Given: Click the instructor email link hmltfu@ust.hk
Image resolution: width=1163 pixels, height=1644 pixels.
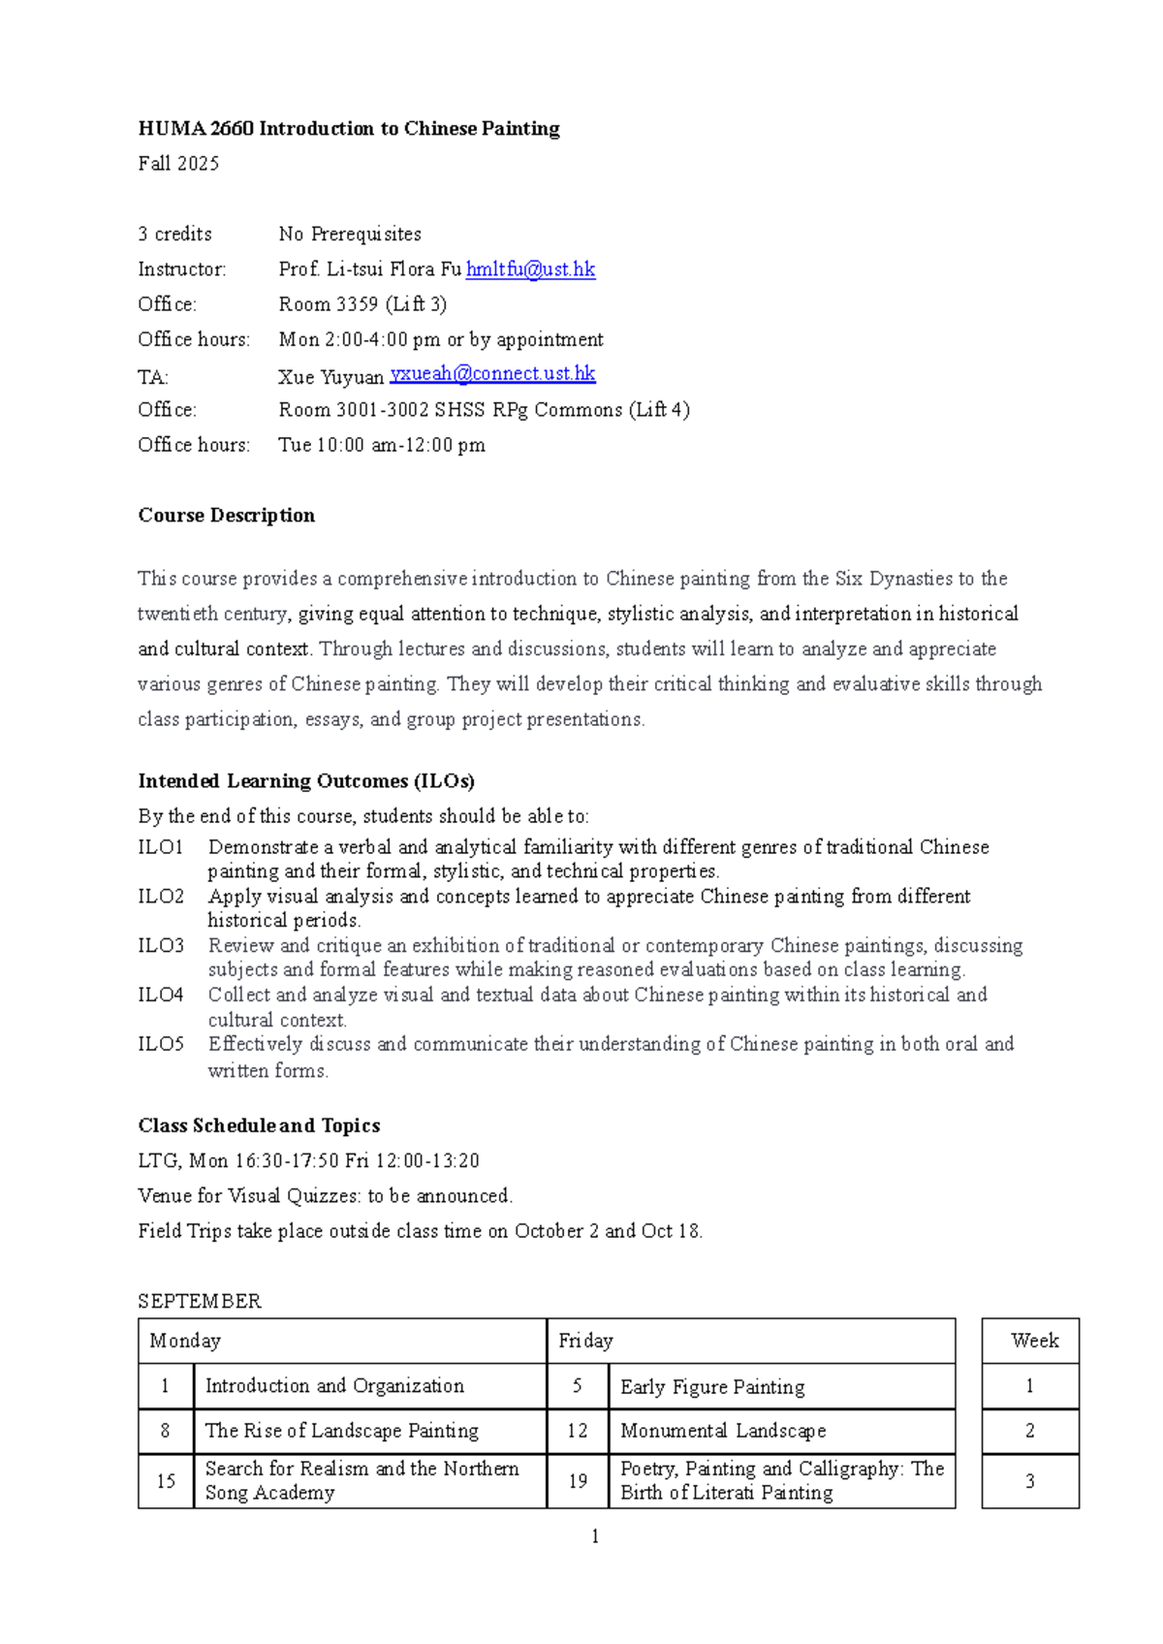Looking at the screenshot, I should coord(530,269).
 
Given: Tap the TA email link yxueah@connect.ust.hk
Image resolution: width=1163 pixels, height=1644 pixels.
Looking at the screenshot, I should coord(492,374).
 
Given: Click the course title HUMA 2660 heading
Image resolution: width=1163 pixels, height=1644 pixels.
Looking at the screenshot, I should coord(349,129).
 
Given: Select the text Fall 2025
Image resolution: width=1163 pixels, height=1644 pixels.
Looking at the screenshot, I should coord(178,164).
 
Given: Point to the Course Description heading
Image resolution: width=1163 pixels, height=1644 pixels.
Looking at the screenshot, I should coord(226,516).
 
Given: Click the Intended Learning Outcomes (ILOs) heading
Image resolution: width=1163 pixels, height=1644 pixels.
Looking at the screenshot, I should coord(306,781).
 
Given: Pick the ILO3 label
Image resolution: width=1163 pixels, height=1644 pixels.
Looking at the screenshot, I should coord(161,946).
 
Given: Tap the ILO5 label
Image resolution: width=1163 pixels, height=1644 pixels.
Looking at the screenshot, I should coord(161,1044).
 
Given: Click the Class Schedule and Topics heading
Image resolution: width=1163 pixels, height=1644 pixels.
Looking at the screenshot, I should coord(259,1125).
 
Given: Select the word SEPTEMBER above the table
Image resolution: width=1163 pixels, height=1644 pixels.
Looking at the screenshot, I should coord(200,1301).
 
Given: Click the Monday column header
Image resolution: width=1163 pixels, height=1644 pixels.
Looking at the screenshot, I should coord(185,1341).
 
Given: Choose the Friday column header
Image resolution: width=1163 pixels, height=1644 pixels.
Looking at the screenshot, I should coord(585,1341).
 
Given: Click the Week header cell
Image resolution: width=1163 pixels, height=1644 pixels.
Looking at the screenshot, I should coord(1034,1341).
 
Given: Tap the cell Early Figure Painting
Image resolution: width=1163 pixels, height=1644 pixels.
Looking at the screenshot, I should coord(712,1387).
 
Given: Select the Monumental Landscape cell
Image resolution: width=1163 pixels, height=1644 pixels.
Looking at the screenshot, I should coord(723,1431).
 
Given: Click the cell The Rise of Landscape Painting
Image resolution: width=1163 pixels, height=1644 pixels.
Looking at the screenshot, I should coord(342,1431).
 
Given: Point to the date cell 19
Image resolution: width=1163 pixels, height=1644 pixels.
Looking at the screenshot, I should coord(578,1481).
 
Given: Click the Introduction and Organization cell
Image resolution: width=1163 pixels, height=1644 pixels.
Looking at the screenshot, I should coord(334,1386).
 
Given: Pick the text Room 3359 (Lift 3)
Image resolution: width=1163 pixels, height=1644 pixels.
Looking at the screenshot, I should coord(362,304).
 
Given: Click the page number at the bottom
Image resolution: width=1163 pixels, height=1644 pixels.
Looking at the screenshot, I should coord(594,1536).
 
